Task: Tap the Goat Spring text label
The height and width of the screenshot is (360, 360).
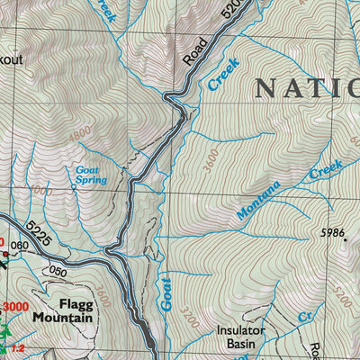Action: pyautogui.click(x=91, y=174)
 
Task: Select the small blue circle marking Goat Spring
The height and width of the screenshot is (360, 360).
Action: pyautogui.click(x=74, y=187)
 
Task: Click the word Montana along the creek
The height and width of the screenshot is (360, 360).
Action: pyautogui.click(x=259, y=201)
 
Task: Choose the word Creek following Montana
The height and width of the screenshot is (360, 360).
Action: pyautogui.click(x=326, y=170)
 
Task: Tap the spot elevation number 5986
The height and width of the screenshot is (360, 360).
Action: pyautogui.click(x=333, y=232)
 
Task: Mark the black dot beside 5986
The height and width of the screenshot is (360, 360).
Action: pyautogui.click(x=342, y=240)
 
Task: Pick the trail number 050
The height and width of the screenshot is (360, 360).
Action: pyautogui.click(x=58, y=271)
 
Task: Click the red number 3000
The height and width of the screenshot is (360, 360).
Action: pyautogui.click(x=13, y=308)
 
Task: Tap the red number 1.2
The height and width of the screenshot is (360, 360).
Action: pyautogui.click(x=17, y=347)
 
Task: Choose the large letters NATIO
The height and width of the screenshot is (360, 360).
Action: pyautogui.click(x=306, y=87)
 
